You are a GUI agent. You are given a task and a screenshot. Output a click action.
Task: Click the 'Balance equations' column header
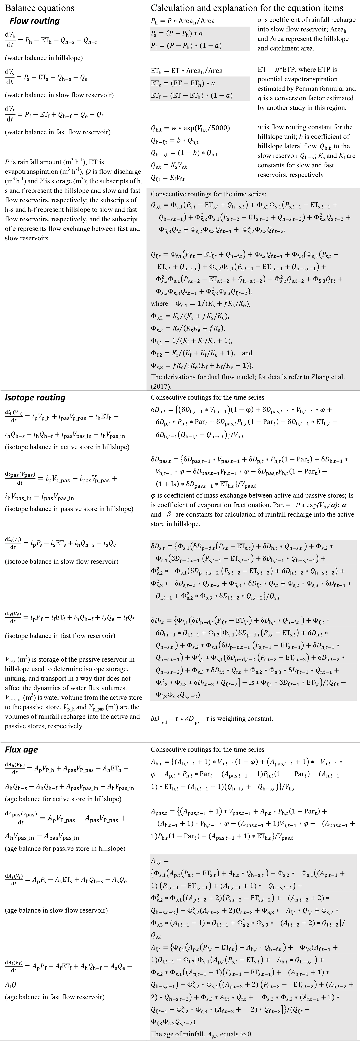(39, 8)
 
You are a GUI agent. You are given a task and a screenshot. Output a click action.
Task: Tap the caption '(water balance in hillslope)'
(44, 58)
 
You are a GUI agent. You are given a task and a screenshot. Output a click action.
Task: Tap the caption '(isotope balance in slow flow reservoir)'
(61, 561)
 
